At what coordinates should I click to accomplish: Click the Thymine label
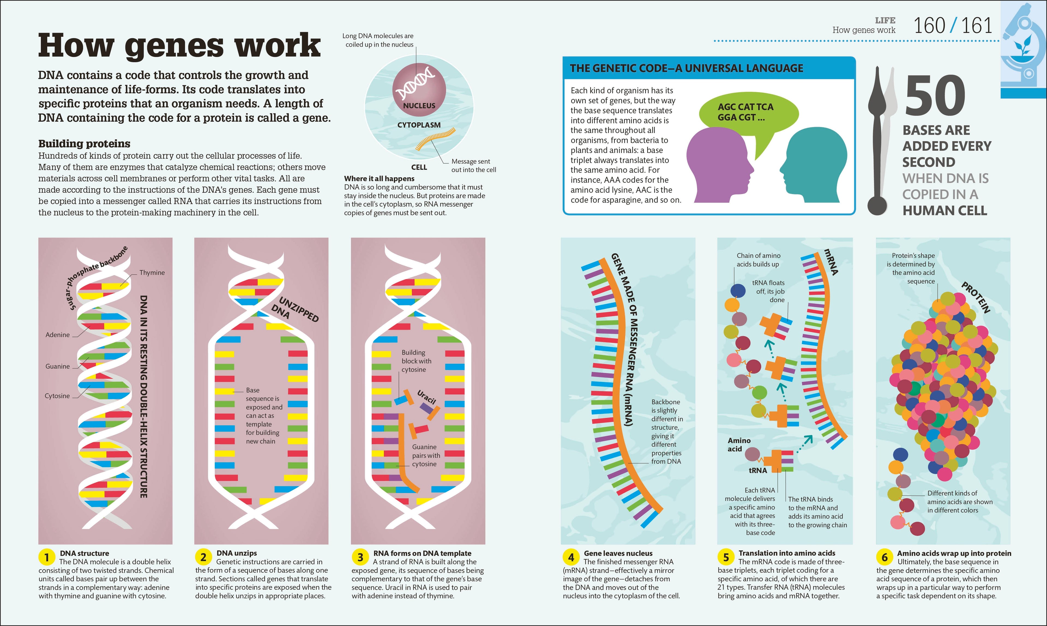coord(152,272)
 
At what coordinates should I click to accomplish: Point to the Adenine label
coord(57,335)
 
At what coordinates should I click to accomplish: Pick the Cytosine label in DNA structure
coord(57,396)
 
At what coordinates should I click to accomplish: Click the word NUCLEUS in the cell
coord(419,106)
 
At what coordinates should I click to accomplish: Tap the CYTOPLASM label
coord(419,125)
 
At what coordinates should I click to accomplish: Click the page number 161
coord(977,25)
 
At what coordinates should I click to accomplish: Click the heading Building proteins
coord(84,143)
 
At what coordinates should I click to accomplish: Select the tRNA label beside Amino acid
coord(758,470)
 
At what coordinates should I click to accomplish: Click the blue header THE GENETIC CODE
coord(686,68)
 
